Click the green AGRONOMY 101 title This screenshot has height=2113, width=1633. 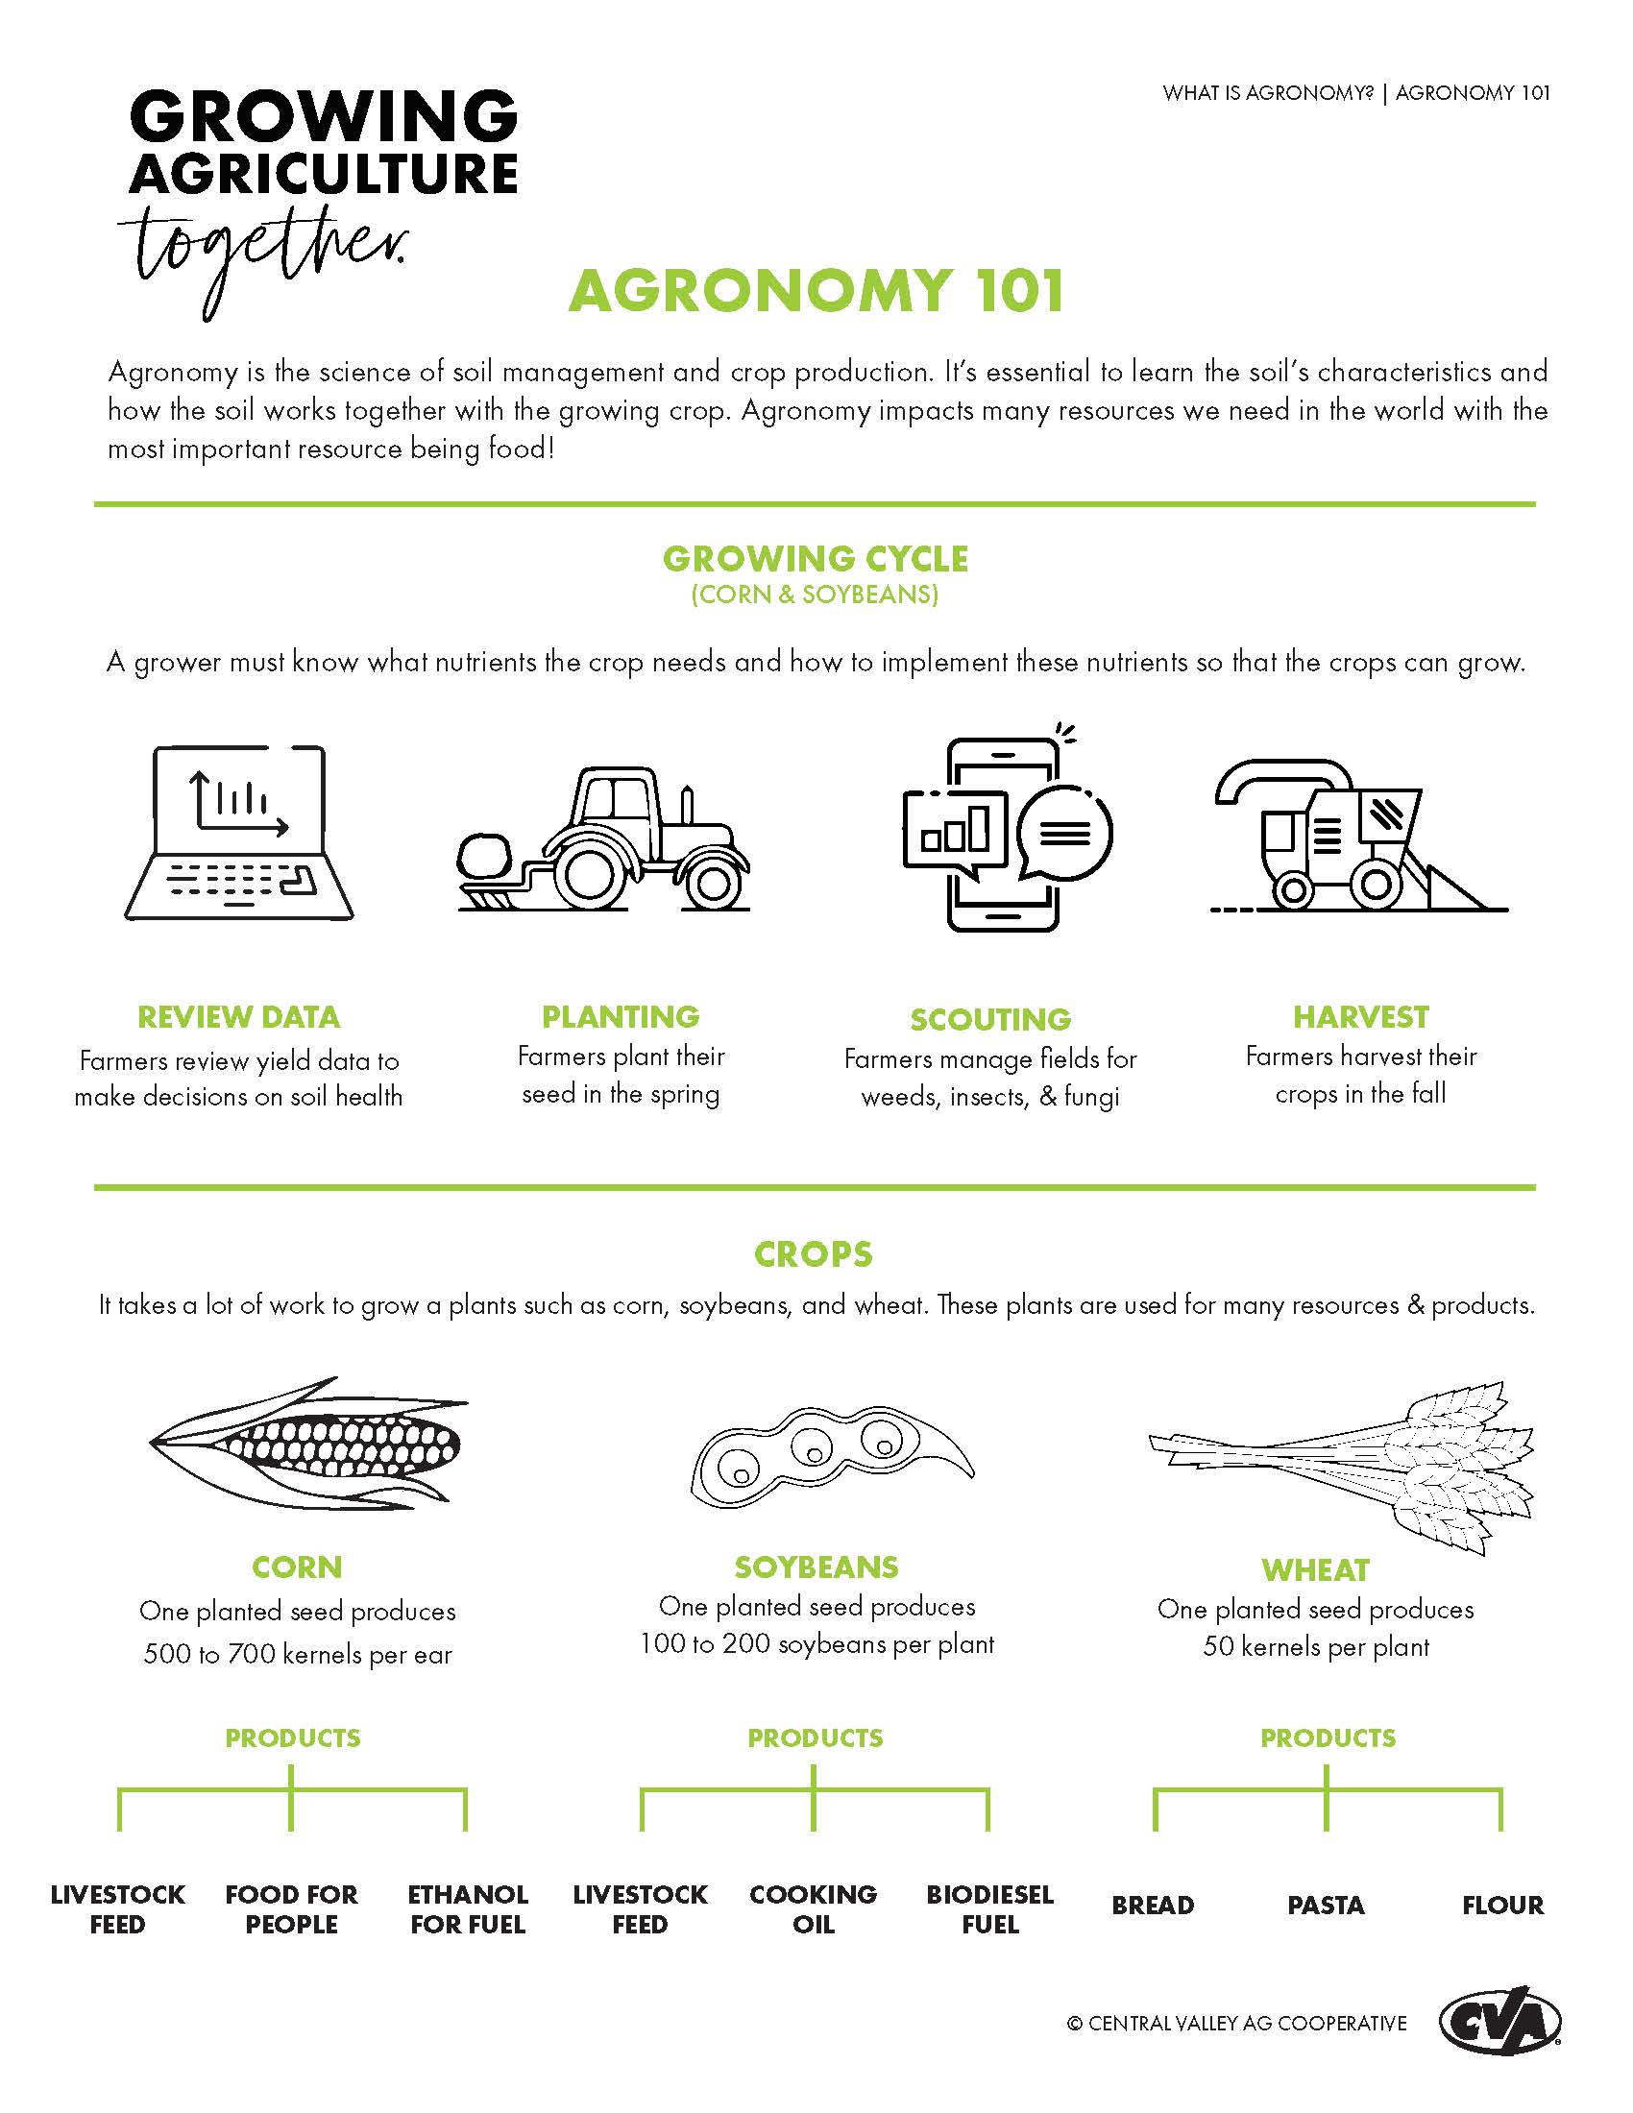coord(816,290)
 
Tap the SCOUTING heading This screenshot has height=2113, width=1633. coord(989,1019)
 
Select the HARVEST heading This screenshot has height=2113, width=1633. coord(1360,1017)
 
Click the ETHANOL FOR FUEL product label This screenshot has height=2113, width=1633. coord(467,1908)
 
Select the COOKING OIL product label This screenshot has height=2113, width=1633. coord(813,1908)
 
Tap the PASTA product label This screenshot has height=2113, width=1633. coord(1326,1905)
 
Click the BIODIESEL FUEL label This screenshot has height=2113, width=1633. coord(989,1908)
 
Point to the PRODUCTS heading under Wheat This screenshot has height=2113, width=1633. coord(1328,1737)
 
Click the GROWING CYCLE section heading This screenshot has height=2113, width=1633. coord(815,559)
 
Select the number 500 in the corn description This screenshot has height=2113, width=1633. coord(168,1654)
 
